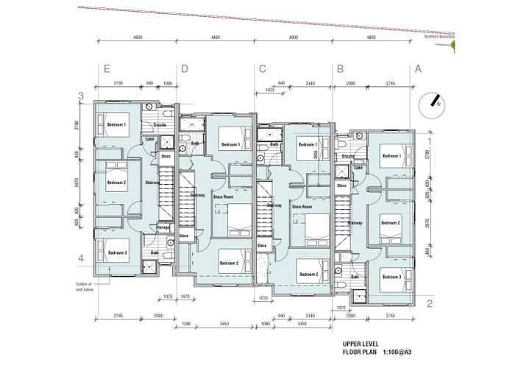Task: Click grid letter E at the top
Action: coord(107,70)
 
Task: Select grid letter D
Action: coord(184,70)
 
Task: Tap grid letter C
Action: coord(262,70)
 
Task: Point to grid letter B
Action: coord(340,70)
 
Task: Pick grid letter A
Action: coord(418,70)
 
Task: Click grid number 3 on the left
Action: coord(82,96)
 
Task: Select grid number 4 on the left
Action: coord(82,258)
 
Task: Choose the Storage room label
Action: coord(163,228)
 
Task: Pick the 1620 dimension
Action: coord(270,91)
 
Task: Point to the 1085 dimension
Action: coord(168,84)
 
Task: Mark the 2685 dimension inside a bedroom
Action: coord(316,152)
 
